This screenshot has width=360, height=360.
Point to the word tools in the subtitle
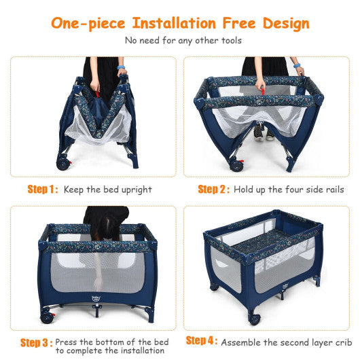point(225,40)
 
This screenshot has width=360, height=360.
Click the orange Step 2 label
point(213,189)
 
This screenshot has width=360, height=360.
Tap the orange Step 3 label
point(36,343)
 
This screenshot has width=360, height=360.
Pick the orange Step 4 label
point(202,340)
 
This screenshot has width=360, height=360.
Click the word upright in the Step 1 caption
point(136,190)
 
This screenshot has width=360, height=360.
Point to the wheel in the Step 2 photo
point(237,164)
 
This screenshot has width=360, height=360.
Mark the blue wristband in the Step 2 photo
point(300,70)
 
